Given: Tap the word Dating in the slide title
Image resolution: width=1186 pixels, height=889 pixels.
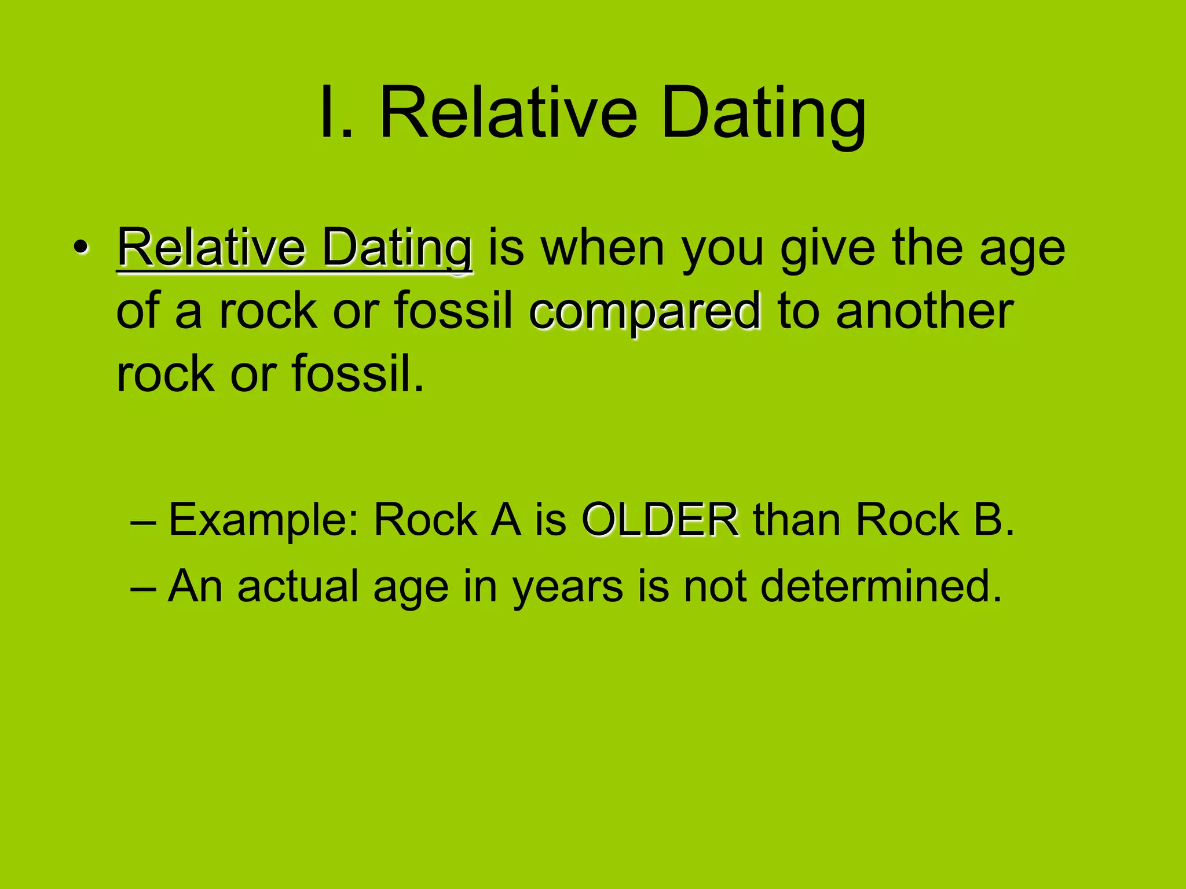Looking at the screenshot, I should coord(763,114).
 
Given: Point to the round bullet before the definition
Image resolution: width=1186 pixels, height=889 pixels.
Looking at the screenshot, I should coord(80,248).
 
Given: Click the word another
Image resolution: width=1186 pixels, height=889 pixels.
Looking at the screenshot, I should coord(924,311).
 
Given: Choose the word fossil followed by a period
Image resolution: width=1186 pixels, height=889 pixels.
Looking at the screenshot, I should coord(357,373).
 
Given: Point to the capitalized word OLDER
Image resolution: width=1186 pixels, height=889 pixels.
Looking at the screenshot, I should coord(660,519).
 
